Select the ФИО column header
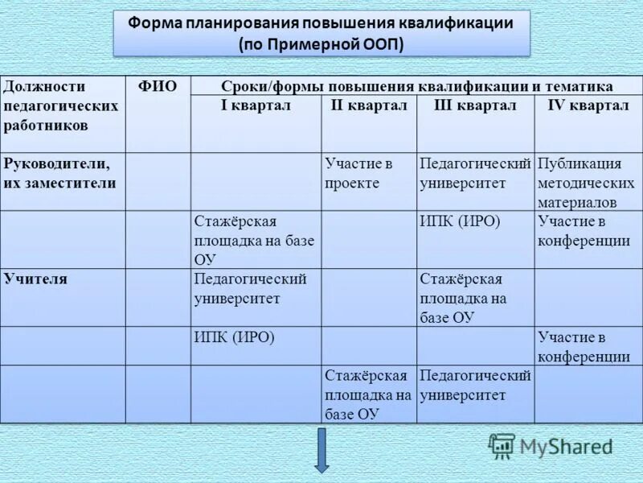(x=158, y=87)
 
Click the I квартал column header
(x=256, y=106)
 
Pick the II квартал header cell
(x=369, y=106)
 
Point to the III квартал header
(x=475, y=106)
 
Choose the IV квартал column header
(x=588, y=106)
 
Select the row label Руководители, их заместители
(x=60, y=173)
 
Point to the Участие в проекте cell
(x=358, y=173)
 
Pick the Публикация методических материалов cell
(x=586, y=183)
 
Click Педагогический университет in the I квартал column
(x=250, y=289)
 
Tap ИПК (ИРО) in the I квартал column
(x=234, y=337)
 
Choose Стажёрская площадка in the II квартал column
(x=368, y=394)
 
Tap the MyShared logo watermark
(x=551, y=446)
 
